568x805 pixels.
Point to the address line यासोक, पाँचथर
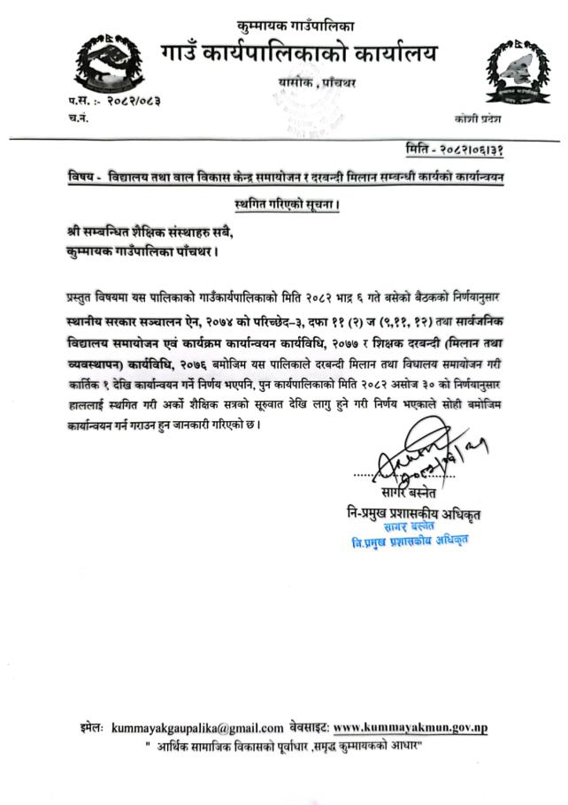point(316,83)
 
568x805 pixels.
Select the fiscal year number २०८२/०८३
point(134,101)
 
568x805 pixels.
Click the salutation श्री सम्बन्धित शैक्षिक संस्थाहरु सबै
point(159,232)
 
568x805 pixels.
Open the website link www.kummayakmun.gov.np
point(411,728)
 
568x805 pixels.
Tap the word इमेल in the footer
point(90,728)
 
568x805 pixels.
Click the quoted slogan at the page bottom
point(284,748)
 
